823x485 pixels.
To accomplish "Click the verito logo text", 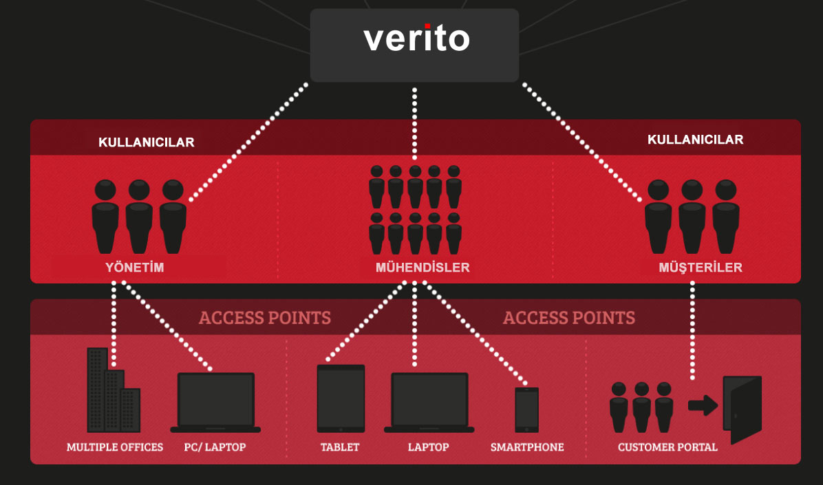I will [416, 39].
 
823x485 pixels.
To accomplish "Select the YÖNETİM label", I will [135, 268].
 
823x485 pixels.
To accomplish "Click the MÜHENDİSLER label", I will [423, 268].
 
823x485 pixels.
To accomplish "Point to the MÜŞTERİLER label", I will [701, 268].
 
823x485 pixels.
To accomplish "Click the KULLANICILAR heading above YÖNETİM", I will [147, 142].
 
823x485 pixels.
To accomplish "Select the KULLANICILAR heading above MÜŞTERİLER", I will [695, 140].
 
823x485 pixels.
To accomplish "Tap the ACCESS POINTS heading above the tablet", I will [265, 318].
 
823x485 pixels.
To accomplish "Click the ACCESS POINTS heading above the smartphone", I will [568, 318].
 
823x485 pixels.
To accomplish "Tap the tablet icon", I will [341, 398].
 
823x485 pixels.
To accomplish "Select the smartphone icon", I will [526, 409].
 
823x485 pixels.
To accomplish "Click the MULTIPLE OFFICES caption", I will [115, 447].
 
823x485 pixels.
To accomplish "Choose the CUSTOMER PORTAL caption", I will [667, 447].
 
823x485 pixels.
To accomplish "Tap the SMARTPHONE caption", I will [527, 447].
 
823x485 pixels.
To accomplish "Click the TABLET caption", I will [340, 447].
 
